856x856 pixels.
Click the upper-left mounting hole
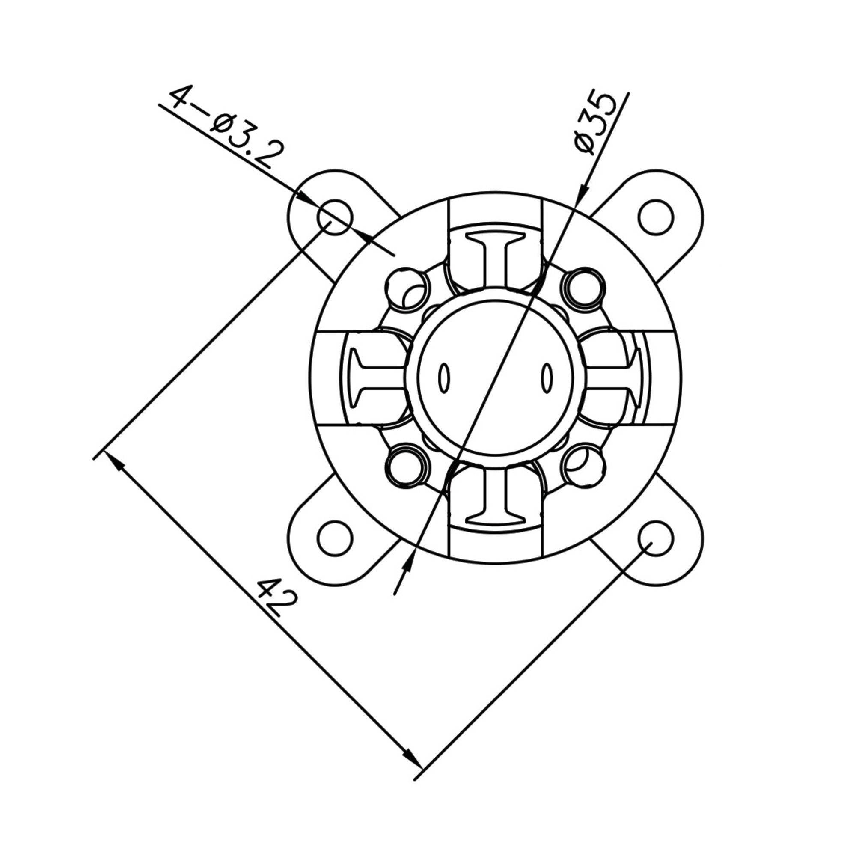[x=335, y=217]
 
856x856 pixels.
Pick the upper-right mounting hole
[x=656, y=217]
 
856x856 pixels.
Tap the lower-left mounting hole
[x=335, y=539]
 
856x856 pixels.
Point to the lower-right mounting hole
[x=656, y=539]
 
